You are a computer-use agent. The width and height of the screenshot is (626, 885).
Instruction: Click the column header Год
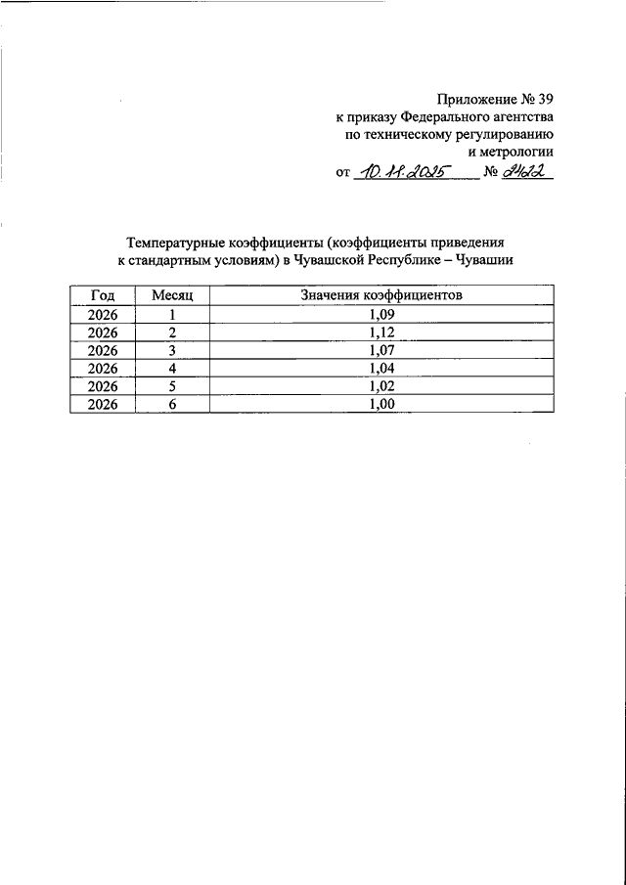pyautogui.click(x=103, y=294)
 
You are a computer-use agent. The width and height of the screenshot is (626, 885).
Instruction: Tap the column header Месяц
pyautogui.click(x=172, y=294)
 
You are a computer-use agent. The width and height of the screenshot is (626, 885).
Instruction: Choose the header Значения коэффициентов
pyautogui.click(x=381, y=294)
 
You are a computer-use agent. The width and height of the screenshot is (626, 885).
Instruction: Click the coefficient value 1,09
pyautogui.click(x=381, y=313)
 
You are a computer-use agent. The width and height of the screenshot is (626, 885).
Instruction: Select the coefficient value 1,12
pyautogui.click(x=381, y=332)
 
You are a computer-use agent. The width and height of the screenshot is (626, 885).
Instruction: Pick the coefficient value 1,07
pyautogui.click(x=381, y=350)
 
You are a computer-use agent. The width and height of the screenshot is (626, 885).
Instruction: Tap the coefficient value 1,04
pyautogui.click(x=381, y=369)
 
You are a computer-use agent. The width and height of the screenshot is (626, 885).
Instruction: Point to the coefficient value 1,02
pyautogui.click(x=381, y=387)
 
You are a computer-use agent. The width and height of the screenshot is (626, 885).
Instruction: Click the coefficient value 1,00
pyautogui.click(x=381, y=405)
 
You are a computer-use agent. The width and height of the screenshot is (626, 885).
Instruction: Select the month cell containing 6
pyautogui.click(x=172, y=405)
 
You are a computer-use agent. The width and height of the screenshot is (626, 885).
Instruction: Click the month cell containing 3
pyautogui.click(x=172, y=350)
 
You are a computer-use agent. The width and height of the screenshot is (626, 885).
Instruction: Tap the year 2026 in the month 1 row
pyautogui.click(x=103, y=313)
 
